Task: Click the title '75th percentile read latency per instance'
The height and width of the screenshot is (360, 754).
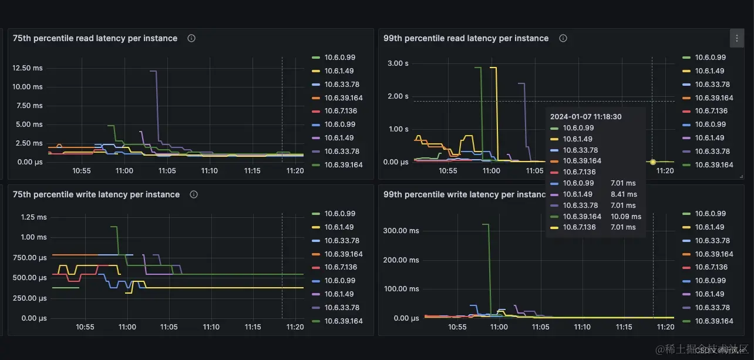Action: [x=95, y=38]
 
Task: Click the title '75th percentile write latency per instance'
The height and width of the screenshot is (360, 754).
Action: [x=96, y=194]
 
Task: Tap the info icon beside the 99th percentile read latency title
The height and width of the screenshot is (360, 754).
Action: [x=563, y=38]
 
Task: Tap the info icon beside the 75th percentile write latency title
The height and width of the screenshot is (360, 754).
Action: [x=194, y=194]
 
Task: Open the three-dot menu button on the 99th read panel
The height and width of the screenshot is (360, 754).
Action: [x=737, y=39]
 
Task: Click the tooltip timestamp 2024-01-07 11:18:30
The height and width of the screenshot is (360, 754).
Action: [x=585, y=117]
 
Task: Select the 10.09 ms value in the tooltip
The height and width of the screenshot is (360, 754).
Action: [x=626, y=216]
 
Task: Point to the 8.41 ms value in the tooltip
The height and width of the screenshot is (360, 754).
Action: [x=624, y=194]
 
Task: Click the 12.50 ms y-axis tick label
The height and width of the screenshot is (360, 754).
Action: [x=28, y=68]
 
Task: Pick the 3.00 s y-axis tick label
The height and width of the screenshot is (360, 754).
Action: [x=398, y=63]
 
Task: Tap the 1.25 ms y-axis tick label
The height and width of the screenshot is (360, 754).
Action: [x=33, y=217]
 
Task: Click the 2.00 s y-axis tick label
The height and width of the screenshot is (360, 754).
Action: [x=398, y=96]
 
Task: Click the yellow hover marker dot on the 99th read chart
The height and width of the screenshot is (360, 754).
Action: [x=652, y=162]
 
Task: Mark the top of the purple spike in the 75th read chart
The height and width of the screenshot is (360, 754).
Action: [x=153, y=71]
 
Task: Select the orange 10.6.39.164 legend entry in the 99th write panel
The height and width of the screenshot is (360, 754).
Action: [x=712, y=254]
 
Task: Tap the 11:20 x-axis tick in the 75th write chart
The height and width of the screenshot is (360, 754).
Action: [x=295, y=327]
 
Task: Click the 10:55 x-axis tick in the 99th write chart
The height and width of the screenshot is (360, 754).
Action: [x=457, y=327]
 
